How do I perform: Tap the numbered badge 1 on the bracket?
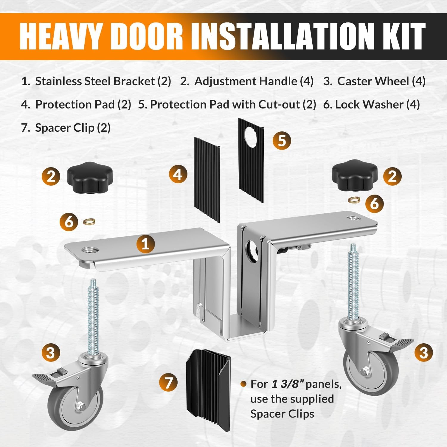click(146, 244)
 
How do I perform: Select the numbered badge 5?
click(282, 140)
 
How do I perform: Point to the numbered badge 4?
click(178, 174)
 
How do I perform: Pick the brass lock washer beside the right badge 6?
click(353, 200)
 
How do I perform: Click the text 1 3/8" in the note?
click(287, 384)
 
